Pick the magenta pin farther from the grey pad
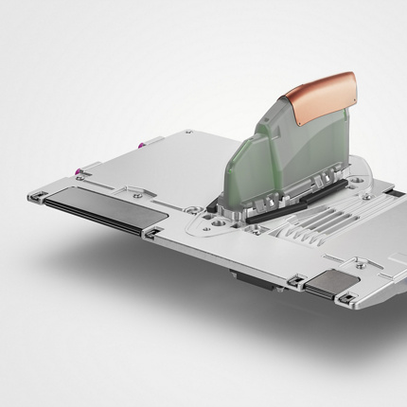click(143, 145)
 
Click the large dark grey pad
click(95, 213)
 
